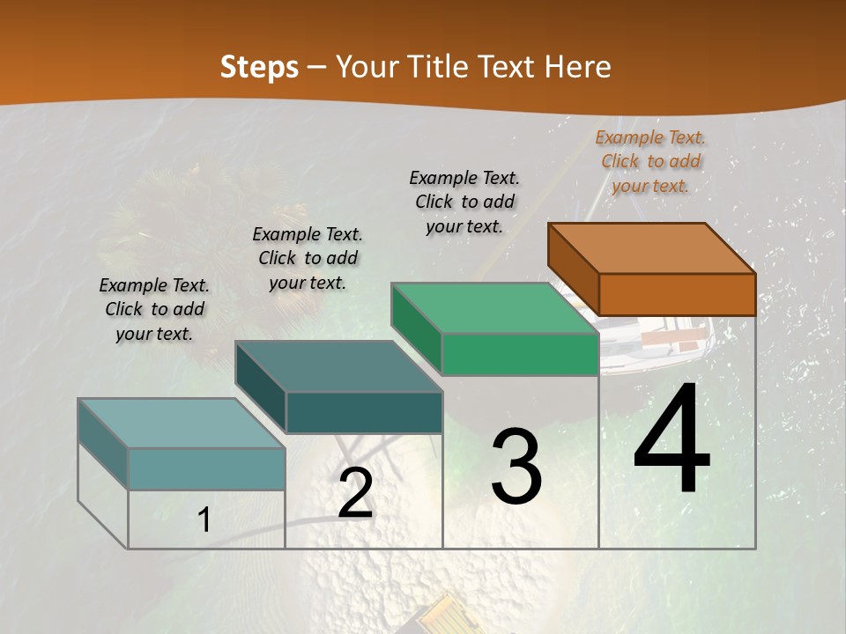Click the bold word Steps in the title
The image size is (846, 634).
(x=259, y=67)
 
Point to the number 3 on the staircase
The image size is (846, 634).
(x=516, y=467)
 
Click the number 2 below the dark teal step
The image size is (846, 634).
(x=355, y=493)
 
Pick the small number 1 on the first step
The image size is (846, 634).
(x=204, y=520)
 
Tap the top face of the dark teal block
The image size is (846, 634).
(x=338, y=366)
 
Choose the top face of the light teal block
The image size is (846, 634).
(x=182, y=424)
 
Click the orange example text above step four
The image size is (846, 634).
(x=650, y=161)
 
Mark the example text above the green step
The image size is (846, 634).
(x=464, y=202)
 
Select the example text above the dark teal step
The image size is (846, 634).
(x=308, y=258)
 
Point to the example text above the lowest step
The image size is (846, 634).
(x=154, y=309)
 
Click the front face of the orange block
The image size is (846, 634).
(x=677, y=294)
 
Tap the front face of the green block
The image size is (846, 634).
(x=520, y=354)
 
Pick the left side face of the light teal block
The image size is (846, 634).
(x=103, y=444)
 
